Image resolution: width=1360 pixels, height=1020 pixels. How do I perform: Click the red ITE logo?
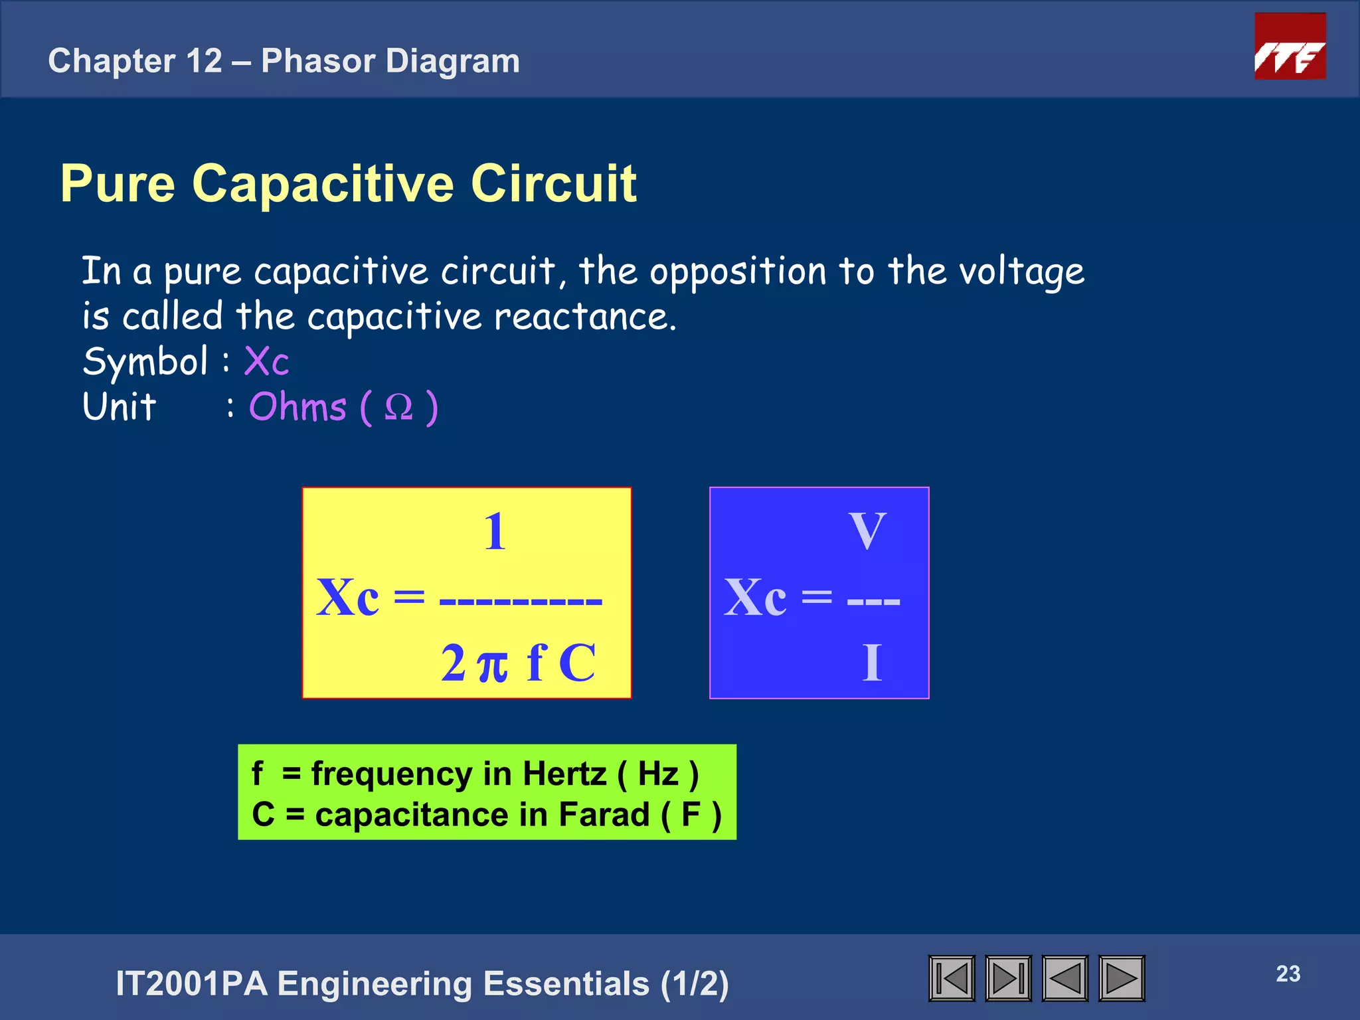1290,46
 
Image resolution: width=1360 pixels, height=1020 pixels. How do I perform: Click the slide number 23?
1288,974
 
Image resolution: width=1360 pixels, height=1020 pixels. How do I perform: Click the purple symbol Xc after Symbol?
266,362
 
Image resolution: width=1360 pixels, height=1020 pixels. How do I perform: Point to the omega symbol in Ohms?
398,407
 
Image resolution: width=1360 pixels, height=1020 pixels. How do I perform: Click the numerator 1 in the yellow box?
495,532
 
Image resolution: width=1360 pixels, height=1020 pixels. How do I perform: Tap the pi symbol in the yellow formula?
493,665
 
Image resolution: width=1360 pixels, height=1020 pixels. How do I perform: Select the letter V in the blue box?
867,531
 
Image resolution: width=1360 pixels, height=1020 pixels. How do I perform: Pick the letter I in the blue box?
872,663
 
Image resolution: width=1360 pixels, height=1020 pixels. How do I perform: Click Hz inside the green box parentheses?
657,774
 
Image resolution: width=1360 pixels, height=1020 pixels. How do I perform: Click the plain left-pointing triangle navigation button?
1065,978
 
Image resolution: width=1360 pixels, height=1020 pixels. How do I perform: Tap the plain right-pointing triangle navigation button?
1122,978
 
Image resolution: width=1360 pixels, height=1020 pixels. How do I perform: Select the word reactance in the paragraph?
584,317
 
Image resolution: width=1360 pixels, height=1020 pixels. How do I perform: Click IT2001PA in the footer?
192,983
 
